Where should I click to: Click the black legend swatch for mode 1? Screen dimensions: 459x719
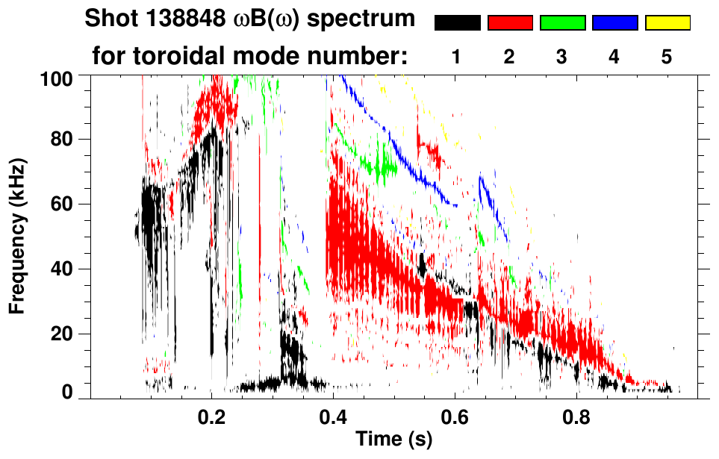coord(458,23)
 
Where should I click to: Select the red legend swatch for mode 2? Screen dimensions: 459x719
coord(510,23)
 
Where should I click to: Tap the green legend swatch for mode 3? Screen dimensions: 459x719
coord(562,23)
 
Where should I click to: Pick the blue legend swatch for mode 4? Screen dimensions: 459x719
coord(614,23)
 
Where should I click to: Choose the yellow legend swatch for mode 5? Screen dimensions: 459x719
coord(667,23)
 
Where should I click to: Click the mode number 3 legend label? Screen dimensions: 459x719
coord(562,57)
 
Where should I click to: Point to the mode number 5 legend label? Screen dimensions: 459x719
coord(667,57)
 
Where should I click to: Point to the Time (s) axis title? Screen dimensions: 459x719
coord(393,440)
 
